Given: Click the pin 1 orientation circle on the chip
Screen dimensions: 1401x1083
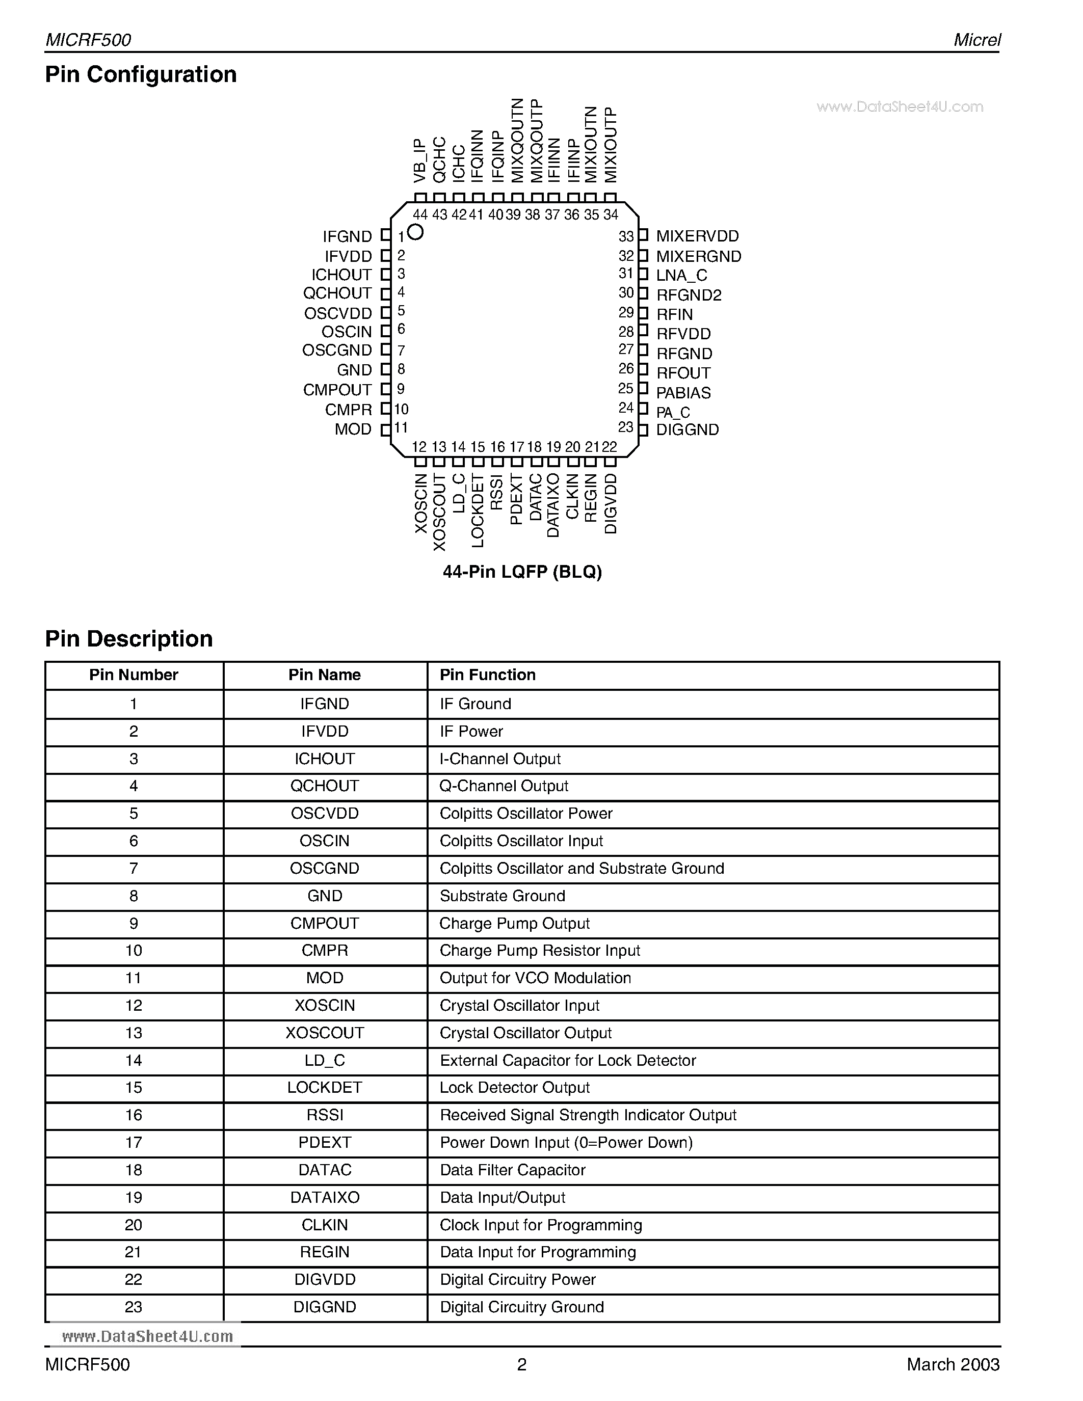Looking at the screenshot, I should [x=416, y=232].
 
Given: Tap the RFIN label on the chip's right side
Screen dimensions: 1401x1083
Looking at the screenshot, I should [x=674, y=314].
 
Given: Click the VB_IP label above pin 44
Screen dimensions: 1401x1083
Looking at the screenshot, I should [x=419, y=160].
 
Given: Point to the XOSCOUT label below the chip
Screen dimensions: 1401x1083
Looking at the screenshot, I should [x=439, y=512].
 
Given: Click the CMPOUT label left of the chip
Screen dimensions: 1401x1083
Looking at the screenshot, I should [x=337, y=389].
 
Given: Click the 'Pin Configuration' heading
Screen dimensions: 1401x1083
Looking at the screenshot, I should [x=141, y=74].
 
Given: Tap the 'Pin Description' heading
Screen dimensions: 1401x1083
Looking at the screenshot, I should [x=128, y=638].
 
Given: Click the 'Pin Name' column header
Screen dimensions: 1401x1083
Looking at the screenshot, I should [x=324, y=675].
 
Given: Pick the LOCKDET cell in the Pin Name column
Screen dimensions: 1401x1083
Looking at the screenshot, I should [x=325, y=1087].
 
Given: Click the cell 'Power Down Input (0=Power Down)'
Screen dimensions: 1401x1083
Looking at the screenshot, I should [x=566, y=1143].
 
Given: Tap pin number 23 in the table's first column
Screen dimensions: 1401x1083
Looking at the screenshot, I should [x=134, y=1307].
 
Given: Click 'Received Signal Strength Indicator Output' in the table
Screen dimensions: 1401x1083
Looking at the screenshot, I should [x=588, y=1115].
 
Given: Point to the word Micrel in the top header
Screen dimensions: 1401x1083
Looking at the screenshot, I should [x=976, y=40].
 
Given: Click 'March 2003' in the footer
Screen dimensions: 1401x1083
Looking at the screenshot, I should [x=953, y=1364].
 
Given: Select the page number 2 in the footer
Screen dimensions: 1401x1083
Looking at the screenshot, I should [x=521, y=1364].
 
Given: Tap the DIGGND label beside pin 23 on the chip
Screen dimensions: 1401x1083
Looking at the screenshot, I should [x=687, y=430].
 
